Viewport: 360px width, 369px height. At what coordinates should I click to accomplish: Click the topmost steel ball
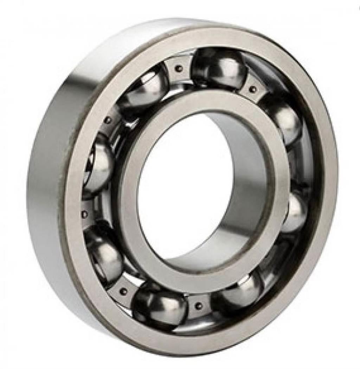(219, 68)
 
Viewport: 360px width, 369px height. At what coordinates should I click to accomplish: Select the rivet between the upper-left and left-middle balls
(108, 120)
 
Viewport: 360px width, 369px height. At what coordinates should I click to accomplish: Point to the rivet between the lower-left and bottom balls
(123, 291)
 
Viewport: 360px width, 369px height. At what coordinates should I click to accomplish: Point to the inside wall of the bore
(246, 197)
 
